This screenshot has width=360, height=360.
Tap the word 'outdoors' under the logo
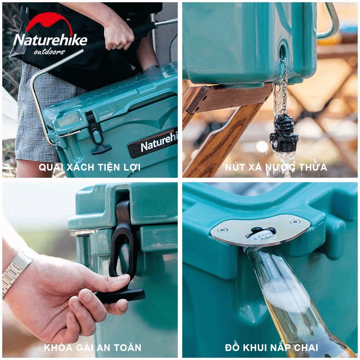[x=49, y=52]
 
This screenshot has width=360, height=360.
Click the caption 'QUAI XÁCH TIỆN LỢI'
[x=90, y=167]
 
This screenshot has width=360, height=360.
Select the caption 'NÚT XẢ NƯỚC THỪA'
[x=276, y=167]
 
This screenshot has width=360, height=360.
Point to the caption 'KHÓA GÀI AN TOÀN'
[x=93, y=347]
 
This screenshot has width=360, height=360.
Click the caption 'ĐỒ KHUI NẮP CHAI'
[x=272, y=347]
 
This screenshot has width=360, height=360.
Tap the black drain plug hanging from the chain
[x=284, y=133]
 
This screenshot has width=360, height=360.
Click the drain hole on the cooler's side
[x=283, y=52]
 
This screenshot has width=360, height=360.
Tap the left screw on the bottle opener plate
[x=222, y=230]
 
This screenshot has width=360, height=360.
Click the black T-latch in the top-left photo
[x=98, y=133]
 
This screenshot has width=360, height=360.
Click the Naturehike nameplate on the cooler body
[x=153, y=144]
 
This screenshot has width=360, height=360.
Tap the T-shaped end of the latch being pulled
[x=119, y=296]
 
